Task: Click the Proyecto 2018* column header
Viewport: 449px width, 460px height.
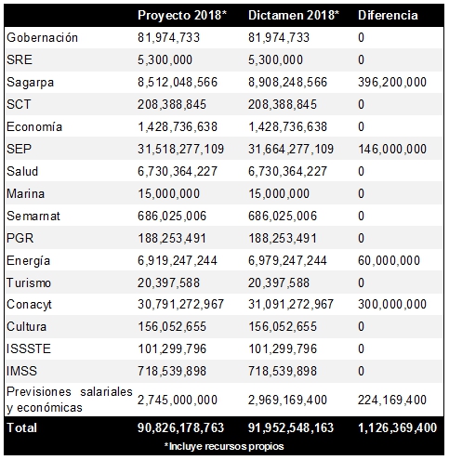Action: coord(182,16)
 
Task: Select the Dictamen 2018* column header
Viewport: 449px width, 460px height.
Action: coord(294,15)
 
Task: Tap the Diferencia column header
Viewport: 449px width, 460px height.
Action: coord(388,15)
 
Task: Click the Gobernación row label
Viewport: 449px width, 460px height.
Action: coord(42,38)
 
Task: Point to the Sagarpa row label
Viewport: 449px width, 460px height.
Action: coord(31,83)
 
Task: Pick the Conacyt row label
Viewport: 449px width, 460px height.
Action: coord(29,305)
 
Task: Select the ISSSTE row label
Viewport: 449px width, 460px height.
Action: coord(29,348)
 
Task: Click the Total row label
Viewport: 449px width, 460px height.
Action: coord(21,427)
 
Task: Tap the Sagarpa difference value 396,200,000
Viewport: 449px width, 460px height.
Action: coord(392,82)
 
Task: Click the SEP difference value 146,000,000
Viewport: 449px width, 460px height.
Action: coord(392,149)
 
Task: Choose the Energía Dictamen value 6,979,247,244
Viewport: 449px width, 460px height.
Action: coord(287,260)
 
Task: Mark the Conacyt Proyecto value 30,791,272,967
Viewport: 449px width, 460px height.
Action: coord(180,304)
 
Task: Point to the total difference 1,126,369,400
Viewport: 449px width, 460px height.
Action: coord(398,427)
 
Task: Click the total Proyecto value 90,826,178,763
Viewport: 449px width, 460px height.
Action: coord(180,427)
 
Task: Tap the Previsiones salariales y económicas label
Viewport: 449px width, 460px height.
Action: coord(70,400)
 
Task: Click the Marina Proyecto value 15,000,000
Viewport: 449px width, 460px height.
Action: coord(168,193)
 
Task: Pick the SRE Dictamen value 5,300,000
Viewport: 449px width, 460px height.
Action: coord(275,59)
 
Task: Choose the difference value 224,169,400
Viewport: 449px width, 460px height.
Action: coord(392,400)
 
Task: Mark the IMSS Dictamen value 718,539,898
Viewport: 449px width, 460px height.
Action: coord(283,371)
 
